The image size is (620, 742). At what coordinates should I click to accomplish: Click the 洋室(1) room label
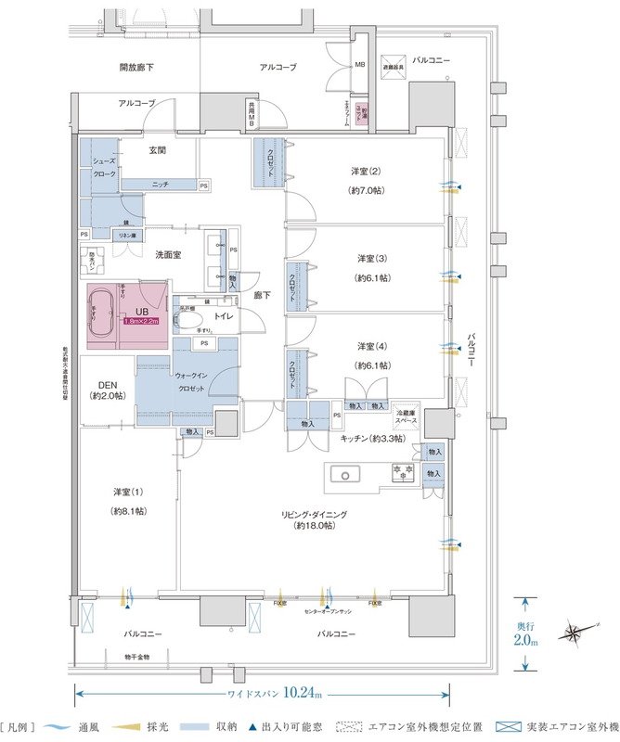click(128, 491)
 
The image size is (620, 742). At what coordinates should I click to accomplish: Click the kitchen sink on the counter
click(344, 475)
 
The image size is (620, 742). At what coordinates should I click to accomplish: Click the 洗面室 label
click(168, 254)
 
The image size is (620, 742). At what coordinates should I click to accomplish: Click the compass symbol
click(574, 634)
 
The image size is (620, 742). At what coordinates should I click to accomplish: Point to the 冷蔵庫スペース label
click(406, 416)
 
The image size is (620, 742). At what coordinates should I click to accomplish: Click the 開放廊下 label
click(136, 69)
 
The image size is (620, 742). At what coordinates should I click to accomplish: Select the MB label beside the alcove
click(359, 65)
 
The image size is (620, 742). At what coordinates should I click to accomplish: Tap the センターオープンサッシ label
click(325, 612)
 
